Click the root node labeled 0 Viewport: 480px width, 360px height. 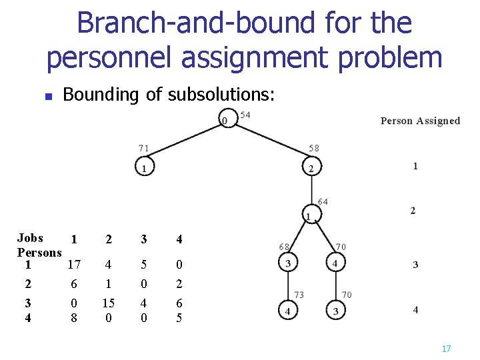(x=227, y=119)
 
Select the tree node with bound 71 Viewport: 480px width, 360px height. (x=143, y=167)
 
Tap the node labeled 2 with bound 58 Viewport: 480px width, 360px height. (x=311, y=167)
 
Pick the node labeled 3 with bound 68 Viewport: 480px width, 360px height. (x=287, y=263)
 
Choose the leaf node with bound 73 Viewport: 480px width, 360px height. (x=287, y=310)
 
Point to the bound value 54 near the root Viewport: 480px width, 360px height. (x=245, y=115)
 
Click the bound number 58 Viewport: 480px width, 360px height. (x=314, y=147)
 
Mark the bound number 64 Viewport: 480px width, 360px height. (x=323, y=201)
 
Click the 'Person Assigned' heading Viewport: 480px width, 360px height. (x=420, y=121)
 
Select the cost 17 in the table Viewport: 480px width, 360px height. (x=74, y=265)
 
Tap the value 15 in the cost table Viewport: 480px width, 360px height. (x=108, y=303)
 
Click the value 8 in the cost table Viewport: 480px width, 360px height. (x=74, y=318)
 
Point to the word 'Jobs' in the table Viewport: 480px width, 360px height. (x=31, y=238)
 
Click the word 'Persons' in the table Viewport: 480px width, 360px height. (x=39, y=253)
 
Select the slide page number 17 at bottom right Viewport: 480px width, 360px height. (x=446, y=349)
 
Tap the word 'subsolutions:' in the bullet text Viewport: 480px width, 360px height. (x=221, y=95)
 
